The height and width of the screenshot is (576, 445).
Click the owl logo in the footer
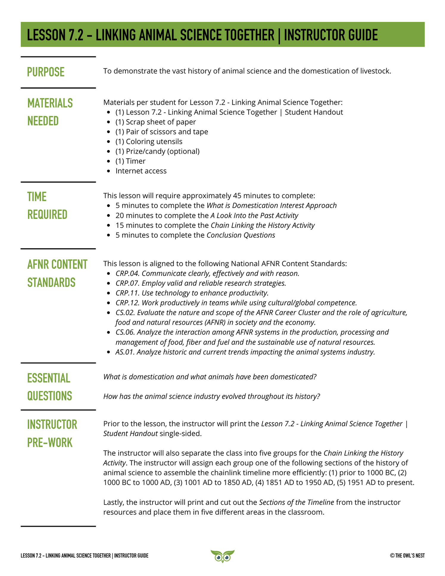(x=222, y=556)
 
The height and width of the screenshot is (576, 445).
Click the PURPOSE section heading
(x=46, y=72)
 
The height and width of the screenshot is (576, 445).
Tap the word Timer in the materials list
(x=135, y=161)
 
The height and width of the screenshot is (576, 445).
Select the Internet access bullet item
(x=141, y=171)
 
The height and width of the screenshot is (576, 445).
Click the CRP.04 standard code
(x=127, y=273)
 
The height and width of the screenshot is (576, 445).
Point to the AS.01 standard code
(x=125, y=352)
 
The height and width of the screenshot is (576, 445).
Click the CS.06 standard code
(x=125, y=332)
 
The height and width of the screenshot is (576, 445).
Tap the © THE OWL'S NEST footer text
(x=407, y=555)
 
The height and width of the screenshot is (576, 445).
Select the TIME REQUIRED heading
(x=47, y=206)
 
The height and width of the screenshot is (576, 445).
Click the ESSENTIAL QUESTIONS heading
(x=49, y=387)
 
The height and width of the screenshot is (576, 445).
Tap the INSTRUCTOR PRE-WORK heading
(x=52, y=433)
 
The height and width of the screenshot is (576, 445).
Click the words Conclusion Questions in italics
(x=241, y=235)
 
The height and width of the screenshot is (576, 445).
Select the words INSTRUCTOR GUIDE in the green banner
(x=331, y=35)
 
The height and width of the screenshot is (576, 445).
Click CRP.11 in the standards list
(x=127, y=293)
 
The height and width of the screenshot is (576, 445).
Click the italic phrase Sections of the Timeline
(x=296, y=502)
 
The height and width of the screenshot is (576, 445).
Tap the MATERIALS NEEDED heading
(x=50, y=112)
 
